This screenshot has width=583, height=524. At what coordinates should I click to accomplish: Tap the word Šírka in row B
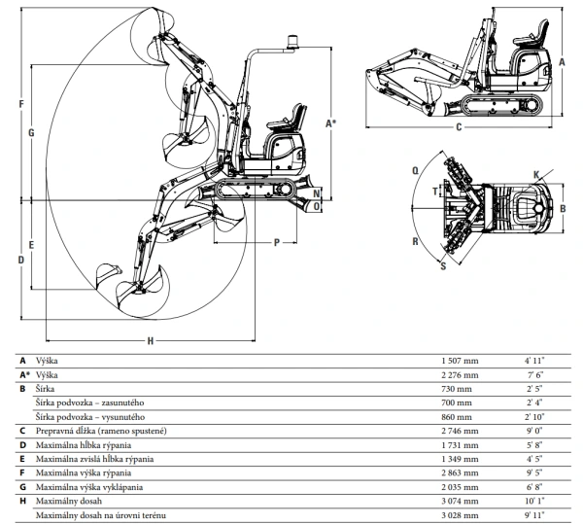point(46,387)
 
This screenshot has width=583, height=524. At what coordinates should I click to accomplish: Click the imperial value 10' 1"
point(534,500)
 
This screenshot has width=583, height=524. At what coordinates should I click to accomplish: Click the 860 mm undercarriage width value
point(455,415)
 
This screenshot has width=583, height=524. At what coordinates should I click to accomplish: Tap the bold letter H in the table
point(21,500)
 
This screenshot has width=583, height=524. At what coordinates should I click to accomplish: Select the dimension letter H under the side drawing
point(151,341)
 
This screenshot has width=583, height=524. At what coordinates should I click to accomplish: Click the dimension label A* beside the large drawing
point(331,122)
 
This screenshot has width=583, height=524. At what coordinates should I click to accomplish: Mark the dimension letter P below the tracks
point(277,241)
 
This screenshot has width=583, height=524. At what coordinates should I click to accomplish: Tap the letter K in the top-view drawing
point(536,174)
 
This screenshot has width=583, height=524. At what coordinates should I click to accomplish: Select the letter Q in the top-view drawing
point(416,169)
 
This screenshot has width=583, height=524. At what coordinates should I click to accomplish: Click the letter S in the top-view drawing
point(444,262)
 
